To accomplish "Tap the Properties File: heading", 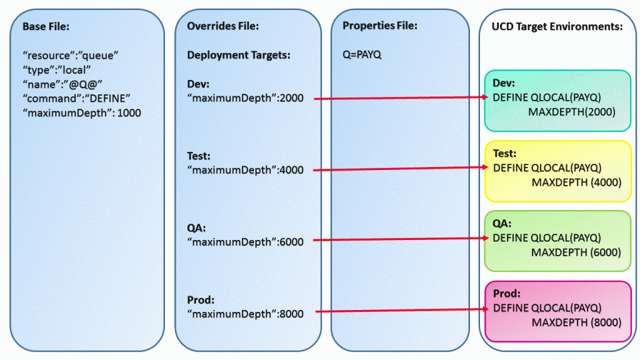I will pos(379,26).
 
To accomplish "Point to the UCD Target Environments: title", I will pos(557,27).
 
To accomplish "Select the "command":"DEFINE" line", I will pos(76,99).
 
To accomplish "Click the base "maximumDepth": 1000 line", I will pos(81,113).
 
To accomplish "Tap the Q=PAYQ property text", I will pos(358,55).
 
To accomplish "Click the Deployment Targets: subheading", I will pos(239,55).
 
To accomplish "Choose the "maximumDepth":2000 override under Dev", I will pos(245,99).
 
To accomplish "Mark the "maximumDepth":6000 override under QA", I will pos(245,242).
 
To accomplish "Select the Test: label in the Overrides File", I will pos(199,156).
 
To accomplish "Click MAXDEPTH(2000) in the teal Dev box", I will pos(572,112).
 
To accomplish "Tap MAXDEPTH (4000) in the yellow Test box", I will pos(576,182).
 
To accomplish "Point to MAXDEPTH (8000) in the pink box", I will pos(576,322).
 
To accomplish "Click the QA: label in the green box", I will pos(502,223).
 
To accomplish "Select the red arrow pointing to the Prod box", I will pos(400,310).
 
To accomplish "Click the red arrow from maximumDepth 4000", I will pos(400,168).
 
